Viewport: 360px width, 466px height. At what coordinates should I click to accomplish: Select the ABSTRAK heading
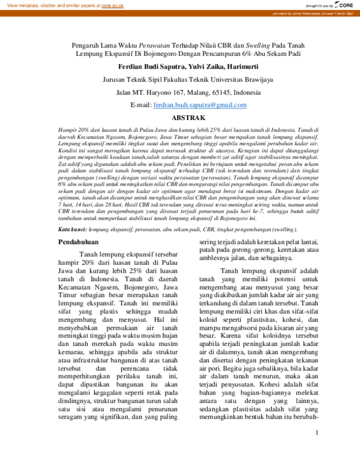click(180, 118)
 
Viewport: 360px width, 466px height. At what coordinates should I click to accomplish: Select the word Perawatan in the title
click(155, 44)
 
